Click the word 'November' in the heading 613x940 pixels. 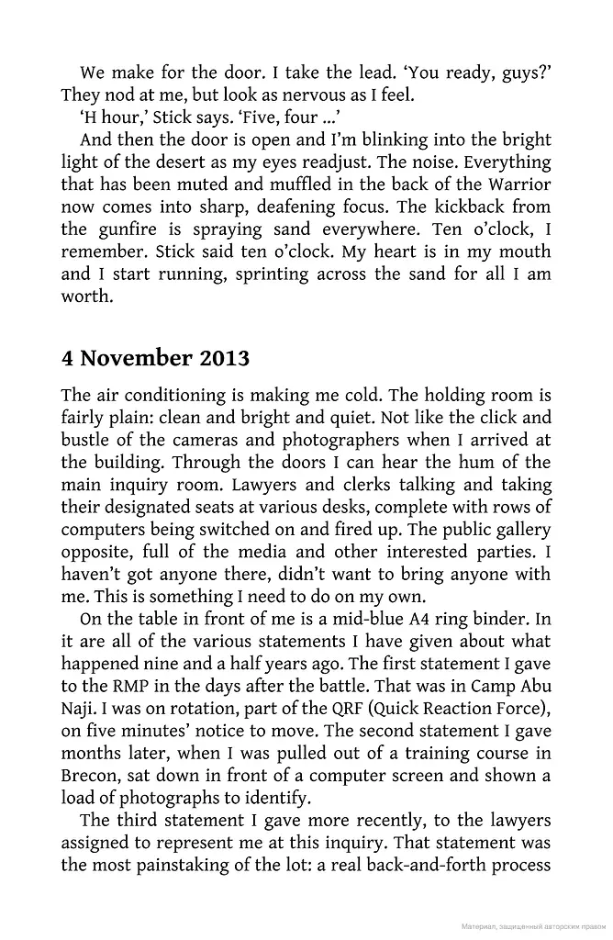click(136, 357)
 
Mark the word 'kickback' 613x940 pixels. click(431, 207)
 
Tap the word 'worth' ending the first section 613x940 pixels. click(84, 296)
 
